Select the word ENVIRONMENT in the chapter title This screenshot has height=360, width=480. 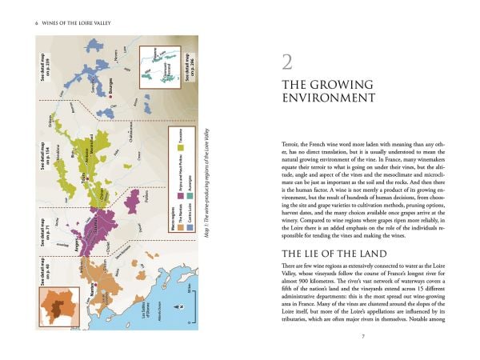click(x=330, y=98)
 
